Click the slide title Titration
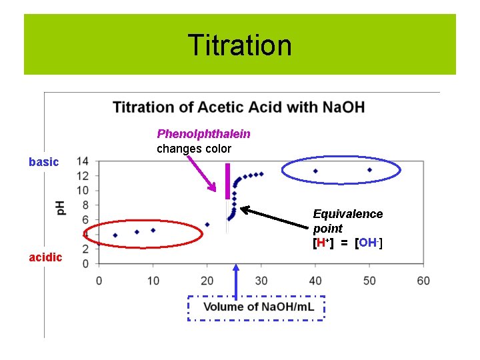click(239, 45)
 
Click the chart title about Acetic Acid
click(239, 107)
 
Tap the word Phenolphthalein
click(203, 133)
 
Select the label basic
click(44, 162)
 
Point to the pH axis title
click(61, 208)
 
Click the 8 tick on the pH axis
click(85, 205)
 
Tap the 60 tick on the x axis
click(423, 280)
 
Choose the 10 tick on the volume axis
click(153, 280)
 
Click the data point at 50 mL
click(369, 170)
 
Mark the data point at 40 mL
click(315, 171)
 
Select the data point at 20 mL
click(207, 225)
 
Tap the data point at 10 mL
click(153, 230)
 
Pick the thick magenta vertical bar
click(227, 181)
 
